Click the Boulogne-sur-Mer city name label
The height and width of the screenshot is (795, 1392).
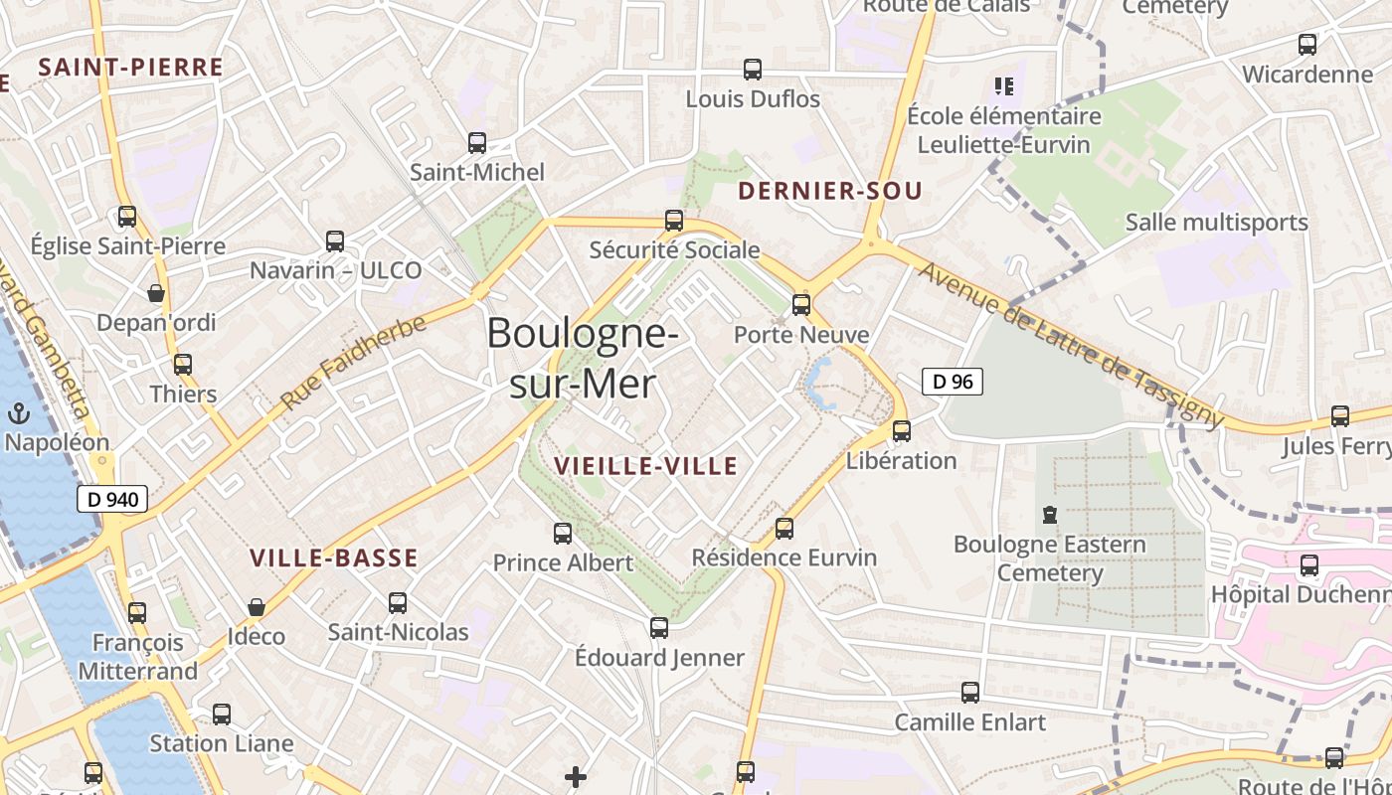point(583,358)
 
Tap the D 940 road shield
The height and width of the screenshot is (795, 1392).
point(112,499)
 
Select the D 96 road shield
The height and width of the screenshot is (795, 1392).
point(953,381)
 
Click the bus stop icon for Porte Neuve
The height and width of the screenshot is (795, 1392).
point(801,305)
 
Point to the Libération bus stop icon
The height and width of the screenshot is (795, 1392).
point(902,431)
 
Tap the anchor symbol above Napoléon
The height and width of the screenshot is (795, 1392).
point(18,413)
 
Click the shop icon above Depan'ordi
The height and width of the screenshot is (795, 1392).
point(156,293)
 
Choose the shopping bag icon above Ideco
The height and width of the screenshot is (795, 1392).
point(257,607)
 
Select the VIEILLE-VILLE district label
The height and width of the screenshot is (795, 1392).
point(646,466)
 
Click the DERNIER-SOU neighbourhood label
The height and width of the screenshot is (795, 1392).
point(831,191)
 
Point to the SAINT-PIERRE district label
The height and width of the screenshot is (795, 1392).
point(130,68)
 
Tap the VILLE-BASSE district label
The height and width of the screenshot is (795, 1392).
point(333,558)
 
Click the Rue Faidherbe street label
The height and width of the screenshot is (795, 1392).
point(354,362)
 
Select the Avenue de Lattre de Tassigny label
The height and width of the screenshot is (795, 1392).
point(1070,344)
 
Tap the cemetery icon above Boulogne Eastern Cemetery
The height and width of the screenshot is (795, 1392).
point(1049,515)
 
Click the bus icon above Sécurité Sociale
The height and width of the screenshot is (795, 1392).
point(674,221)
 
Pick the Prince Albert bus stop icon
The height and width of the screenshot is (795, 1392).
point(563,534)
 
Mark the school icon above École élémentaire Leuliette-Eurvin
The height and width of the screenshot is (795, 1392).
point(1003,86)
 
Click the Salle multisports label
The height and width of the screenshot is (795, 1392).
point(1216,222)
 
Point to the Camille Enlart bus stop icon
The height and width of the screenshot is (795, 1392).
point(970,693)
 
